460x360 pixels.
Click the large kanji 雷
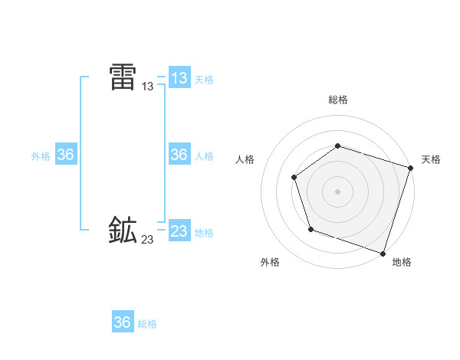pos(123,77)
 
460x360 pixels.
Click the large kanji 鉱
pos(123,230)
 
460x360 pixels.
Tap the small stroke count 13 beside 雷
pos(148,87)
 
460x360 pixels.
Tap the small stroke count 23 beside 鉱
pos(147,240)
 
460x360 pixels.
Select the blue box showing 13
pos(179,77)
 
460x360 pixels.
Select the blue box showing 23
pos(179,231)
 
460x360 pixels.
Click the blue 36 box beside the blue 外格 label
pos(66,155)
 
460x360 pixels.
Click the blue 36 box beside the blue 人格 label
pos(179,155)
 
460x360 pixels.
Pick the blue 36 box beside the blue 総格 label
pos(123,322)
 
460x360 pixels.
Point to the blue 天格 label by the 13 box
pos(204,80)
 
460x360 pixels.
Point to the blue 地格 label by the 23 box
pos(204,233)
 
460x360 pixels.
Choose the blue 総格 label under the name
pos(147,324)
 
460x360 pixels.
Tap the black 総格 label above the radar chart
pos(338,100)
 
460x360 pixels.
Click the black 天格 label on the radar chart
pos(431,159)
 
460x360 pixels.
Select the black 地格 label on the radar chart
pos(402,262)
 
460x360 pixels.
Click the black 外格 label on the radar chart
pos(270,262)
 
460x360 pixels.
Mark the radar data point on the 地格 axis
pos(383,253)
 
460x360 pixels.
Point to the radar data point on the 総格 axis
pos(337,146)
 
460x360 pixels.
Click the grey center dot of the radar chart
pos(337,191)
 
